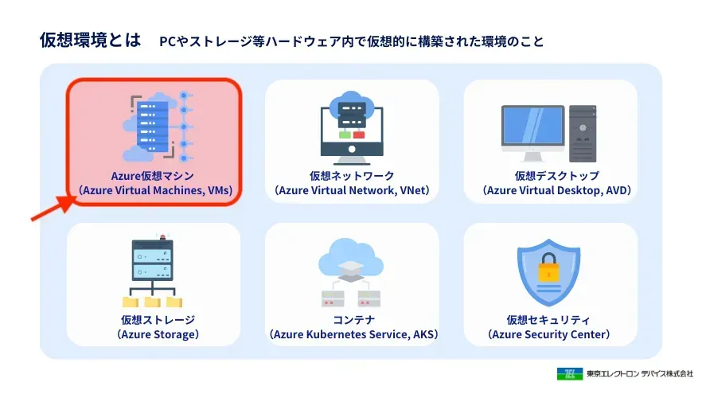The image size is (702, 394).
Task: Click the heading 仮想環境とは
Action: [x=90, y=40]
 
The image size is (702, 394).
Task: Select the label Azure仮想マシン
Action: [x=154, y=175]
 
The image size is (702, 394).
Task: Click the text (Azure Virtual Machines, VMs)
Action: [x=154, y=191]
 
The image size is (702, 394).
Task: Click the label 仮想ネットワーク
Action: [x=352, y=175]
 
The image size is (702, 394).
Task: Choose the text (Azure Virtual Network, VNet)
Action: [x=352, y=191]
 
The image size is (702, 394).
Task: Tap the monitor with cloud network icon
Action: [x=352, y=126]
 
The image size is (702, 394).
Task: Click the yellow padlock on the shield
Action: [x=549, y=272]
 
